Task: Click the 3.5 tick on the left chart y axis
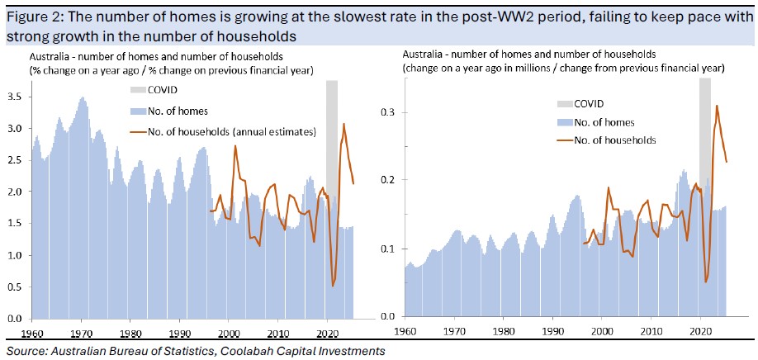click(14, 97)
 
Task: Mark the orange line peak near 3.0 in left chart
click(343, 124)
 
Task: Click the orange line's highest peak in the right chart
click(716, 106)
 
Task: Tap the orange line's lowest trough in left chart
click(332, 286)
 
